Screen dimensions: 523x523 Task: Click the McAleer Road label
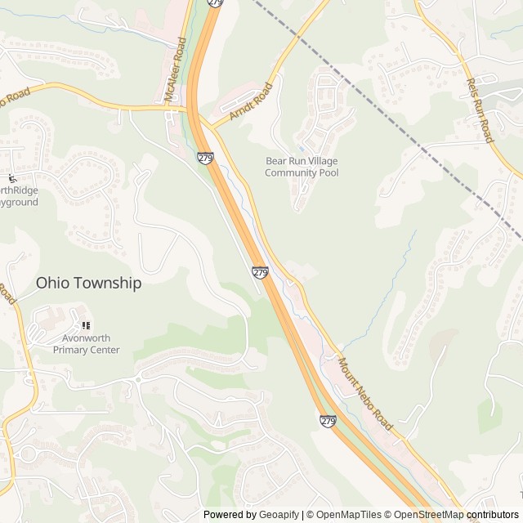coord(174,73)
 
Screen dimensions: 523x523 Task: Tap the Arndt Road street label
coord(250,101)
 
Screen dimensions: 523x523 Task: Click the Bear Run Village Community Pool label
coord(302,167)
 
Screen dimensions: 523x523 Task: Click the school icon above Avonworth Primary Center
coord(86,325)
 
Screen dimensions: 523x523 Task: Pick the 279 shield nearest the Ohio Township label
coord(260,272)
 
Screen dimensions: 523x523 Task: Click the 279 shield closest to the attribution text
coord(328,421)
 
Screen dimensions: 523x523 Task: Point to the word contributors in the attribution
coord(493,515)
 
